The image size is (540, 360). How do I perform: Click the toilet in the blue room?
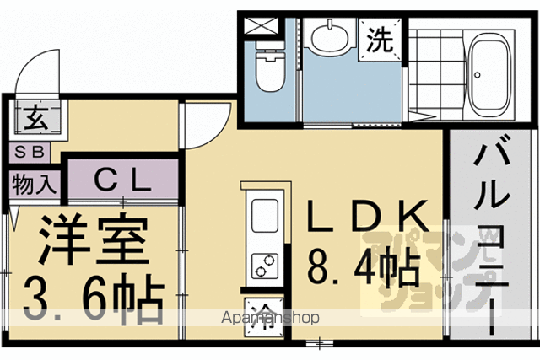pos(270,67)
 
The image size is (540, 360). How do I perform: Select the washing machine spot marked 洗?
pos(380,40)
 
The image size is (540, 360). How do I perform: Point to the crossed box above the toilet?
pos(261,26)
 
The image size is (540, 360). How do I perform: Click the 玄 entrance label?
pos(36,117)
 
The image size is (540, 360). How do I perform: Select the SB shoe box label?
pos(30,152)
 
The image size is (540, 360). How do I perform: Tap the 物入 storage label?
pos(34,185)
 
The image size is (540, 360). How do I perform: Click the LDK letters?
pos(368,216)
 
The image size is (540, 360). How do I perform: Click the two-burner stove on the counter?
pos(265,266)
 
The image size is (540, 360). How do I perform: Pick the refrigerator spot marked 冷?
pos(264,317)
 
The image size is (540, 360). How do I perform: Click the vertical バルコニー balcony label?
pos(491,235)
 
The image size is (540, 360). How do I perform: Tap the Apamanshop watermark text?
pos(270,317)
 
